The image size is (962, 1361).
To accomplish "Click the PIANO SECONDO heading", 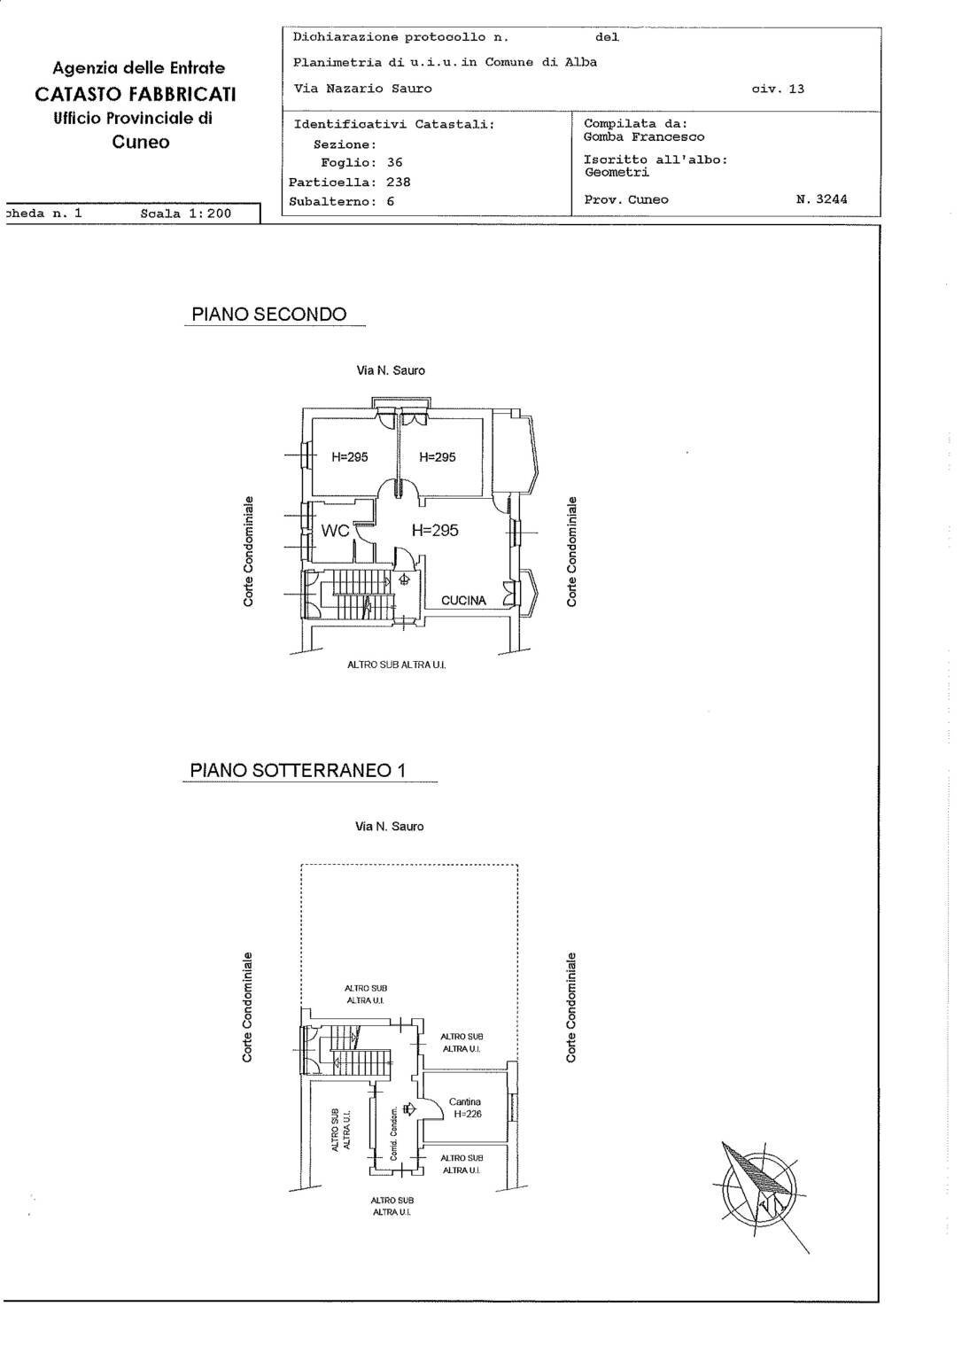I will click(x=269, y=315).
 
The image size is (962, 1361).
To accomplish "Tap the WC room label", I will click(x=336, y=531).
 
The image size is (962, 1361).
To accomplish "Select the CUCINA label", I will click(x=463, y=600).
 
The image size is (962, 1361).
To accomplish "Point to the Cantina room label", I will click(x=464, y=1102).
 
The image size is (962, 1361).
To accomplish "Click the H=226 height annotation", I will click(x=467, y=1115).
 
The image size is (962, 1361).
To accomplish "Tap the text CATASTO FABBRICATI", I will click(x=136, y=93).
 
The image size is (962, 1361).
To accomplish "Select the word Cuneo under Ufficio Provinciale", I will click(x=140, y=143).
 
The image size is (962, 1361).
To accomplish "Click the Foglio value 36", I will click(x=394, y=163).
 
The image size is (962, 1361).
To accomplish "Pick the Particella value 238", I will click(x=398, y=182).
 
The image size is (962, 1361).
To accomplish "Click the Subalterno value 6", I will click(x=390, y=201).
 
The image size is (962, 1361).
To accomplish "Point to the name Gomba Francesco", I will click(x=644, y=137).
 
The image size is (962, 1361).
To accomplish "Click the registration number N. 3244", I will click(x=821, y=199).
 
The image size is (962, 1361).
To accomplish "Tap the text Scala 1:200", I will click(x=185, y=214).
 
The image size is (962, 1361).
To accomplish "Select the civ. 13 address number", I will click(x=777, y=89).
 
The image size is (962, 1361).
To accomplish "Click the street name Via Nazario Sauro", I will click(x=363, y=89).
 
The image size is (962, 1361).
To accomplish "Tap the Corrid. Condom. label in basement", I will click(x=393, y=1133).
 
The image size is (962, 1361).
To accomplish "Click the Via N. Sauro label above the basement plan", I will click(x=390, y=827).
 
